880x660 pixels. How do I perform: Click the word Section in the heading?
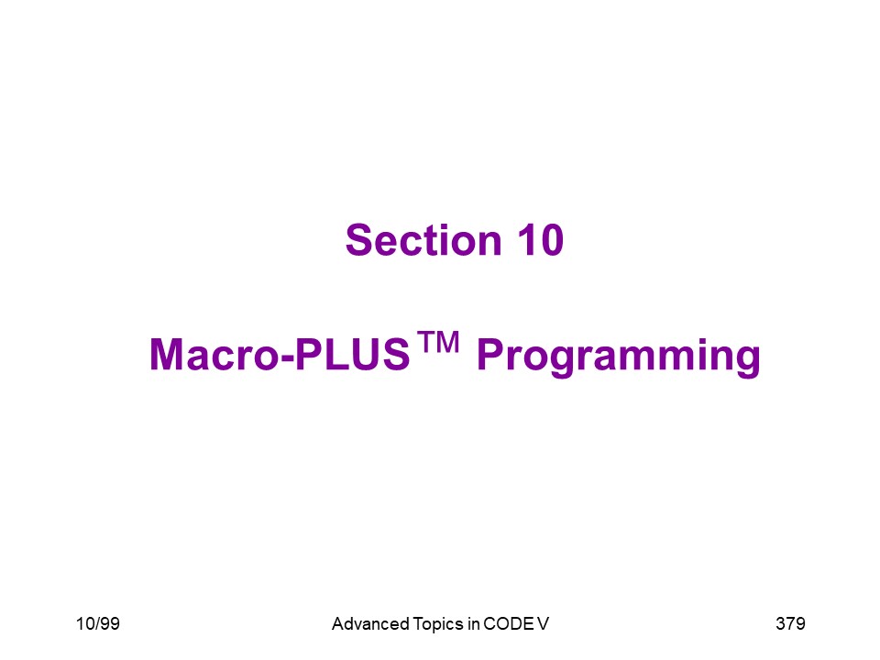[x=423, y=240]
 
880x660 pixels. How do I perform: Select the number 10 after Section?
[x=541, y=240]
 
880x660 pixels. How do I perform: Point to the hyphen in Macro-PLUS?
[x=287, y=358]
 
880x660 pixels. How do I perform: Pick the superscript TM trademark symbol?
[x=438, y=342]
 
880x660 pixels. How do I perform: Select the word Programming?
[x=619, y=357]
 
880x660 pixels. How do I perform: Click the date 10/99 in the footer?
[x=98, y=623]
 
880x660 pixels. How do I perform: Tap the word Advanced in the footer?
[x=370, y=623]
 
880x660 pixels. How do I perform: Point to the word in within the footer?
[x=474, y=623]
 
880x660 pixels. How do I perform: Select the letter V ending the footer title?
[x=543, y=623]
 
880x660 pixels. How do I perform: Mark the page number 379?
[x=790, y=623]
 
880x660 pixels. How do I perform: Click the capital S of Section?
[x=359, y=240]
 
